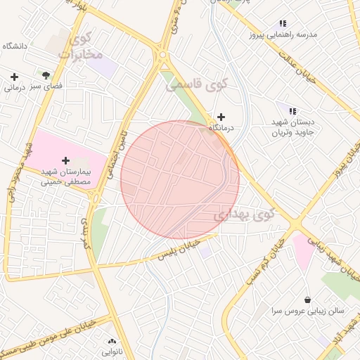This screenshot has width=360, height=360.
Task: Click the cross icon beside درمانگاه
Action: (x=221, y=117)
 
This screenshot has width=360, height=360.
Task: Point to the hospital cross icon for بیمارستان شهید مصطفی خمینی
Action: (x=66, y=161)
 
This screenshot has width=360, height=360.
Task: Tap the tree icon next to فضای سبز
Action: (x=46, y=74)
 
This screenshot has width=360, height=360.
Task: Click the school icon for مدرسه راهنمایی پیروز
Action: (x=283, y=23)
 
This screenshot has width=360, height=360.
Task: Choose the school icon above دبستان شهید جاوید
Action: (x=292, y=111)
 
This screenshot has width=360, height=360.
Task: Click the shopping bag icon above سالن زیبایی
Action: (x=307, y=300)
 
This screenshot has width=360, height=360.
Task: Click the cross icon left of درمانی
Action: (x=14, y=77)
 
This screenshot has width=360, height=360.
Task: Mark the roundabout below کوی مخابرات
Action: (x=163, y=54)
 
